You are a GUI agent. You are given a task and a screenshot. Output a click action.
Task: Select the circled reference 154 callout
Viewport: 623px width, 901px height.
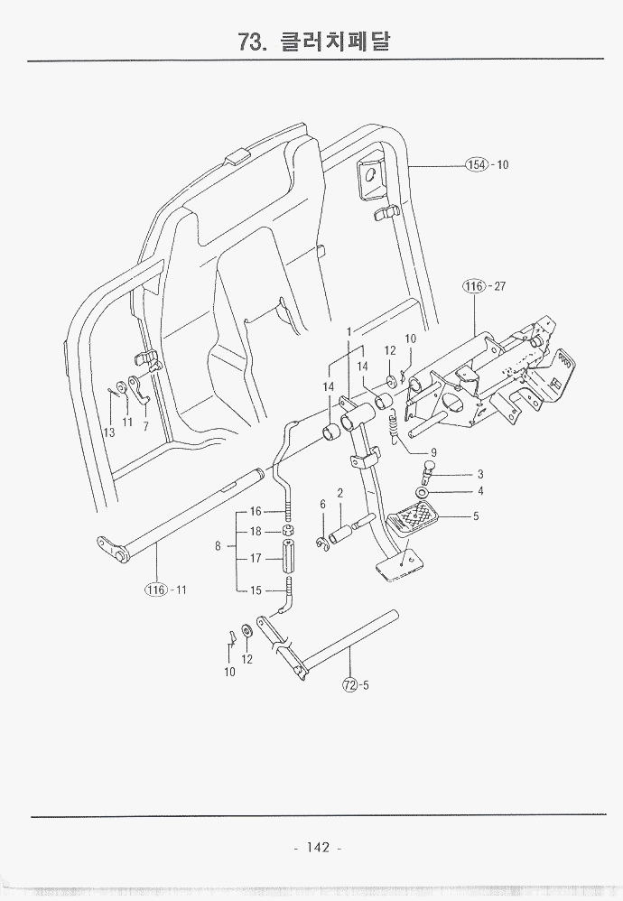click(x=476, y=164)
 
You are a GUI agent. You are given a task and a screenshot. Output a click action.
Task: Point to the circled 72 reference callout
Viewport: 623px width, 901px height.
click(x=350, y=683)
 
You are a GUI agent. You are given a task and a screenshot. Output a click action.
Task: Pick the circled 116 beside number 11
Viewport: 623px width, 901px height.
click(x=158, y=590)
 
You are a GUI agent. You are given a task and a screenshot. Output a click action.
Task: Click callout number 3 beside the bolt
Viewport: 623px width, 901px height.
click(x=480, y=474)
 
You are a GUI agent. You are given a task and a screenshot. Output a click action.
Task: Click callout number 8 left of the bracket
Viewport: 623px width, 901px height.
click(x=218, y=546)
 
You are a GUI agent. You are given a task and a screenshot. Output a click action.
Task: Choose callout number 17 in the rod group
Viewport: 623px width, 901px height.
click(x=256, y=559)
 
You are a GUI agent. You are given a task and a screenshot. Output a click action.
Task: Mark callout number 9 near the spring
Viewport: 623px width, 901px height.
click(x=433, y=452)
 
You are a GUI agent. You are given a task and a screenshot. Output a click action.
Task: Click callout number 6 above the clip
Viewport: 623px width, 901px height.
click(x=322, y=504)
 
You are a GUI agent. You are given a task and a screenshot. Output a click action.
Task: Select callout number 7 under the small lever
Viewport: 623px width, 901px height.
click(x=145, y=426)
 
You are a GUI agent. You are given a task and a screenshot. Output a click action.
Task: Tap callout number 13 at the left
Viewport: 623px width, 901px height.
click(x=108, y=432)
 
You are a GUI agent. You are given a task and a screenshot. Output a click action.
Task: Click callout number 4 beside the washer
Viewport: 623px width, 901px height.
click(x=480, y=492)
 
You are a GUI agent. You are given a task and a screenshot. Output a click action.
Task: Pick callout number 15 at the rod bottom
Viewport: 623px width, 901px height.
click(x=256, y=591)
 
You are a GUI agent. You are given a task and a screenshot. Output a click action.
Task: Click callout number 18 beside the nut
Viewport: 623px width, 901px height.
click(x=256, y=532)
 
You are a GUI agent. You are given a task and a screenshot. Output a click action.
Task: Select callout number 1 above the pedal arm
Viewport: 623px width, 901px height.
click(x=349, y=331)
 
